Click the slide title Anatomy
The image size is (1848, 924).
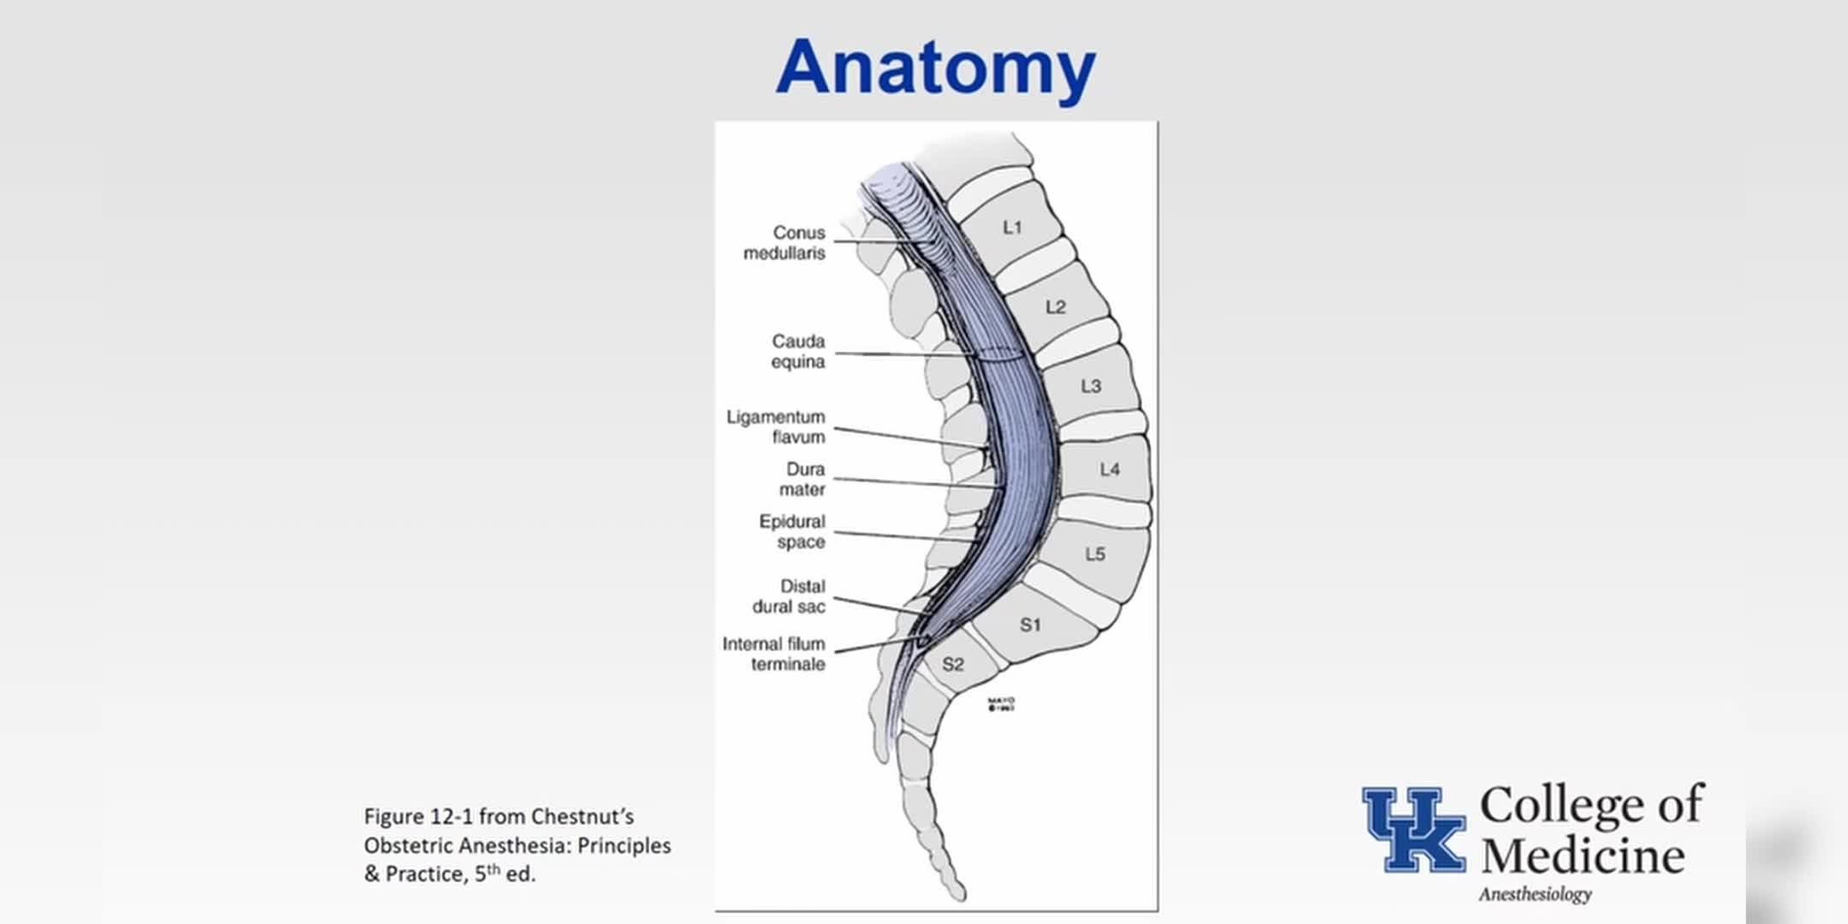click(x=935, y=67)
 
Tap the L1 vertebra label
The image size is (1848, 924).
click(x=1012, y=228)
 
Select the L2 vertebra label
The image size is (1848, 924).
click(x=1056, y=307)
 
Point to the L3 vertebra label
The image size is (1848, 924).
click(x=1091, y=387)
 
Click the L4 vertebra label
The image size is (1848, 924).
click(x=1110, y=470)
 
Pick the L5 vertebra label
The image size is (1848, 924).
click(x=1095, y=554)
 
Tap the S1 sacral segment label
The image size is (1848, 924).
click(x=1030, y=625)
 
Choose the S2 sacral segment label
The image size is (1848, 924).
click(x=953, y=665)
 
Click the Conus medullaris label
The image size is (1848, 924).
click(x=785, y=243)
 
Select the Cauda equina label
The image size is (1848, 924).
click(x=798, y=352)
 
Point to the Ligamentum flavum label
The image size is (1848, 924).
click(x=776, y=427)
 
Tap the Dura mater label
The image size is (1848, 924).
click(x=803, y=479)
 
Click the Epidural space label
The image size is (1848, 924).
click(x=792, y=531)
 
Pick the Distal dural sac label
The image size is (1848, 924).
click(x=789, y=596)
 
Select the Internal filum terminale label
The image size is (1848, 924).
click(x=774, y=654)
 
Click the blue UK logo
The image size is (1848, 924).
click(x=1413, y=829)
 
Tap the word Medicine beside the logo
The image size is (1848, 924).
click(x=1583, y=856)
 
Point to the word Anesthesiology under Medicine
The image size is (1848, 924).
click(x=1535, y=894)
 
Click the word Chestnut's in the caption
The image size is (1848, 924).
click(x=582, y=817)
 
